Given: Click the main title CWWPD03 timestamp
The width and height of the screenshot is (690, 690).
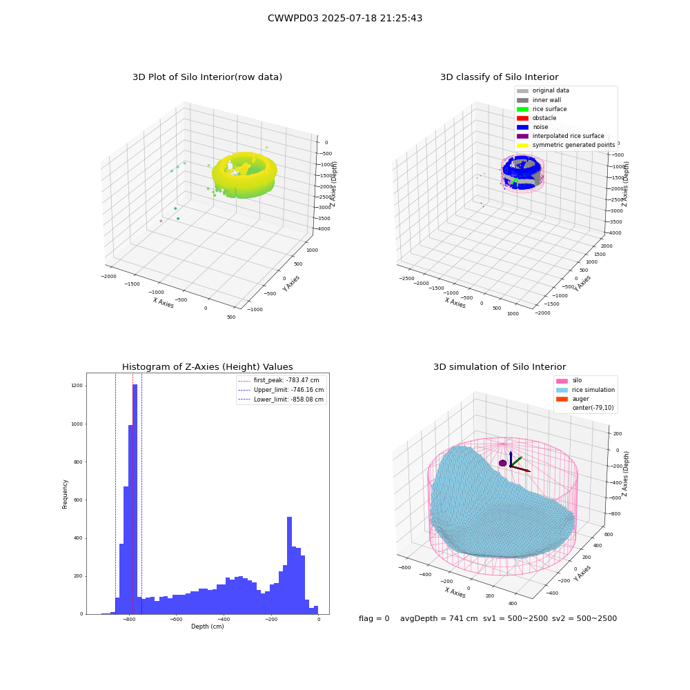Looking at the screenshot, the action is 345,18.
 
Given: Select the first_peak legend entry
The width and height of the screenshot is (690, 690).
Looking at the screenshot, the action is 278,380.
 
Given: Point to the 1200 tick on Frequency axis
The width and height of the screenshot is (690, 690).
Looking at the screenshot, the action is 77,386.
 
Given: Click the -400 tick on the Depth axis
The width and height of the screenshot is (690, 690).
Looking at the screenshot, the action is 224,619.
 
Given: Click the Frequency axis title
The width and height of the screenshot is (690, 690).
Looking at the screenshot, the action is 65,494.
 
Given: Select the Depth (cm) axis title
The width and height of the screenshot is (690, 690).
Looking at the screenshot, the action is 208,627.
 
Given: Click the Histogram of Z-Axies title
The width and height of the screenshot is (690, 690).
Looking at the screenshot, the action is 207,366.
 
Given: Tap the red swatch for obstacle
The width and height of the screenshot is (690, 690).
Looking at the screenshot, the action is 522,118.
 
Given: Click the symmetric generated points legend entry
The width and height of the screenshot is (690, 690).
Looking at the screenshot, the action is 566,145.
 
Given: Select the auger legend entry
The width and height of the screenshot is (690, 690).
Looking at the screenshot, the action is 573,399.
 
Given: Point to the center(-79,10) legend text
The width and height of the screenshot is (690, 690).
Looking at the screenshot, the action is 593,408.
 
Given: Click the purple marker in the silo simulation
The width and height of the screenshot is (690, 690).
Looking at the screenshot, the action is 502,463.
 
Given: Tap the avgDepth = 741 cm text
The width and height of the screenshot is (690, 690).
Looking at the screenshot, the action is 439,618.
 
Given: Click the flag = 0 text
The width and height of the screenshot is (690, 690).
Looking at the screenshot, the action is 374,618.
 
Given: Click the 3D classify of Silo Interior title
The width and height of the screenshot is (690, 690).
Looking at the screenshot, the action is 500,77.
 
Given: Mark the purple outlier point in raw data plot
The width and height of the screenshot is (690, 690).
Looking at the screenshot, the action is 161,221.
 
